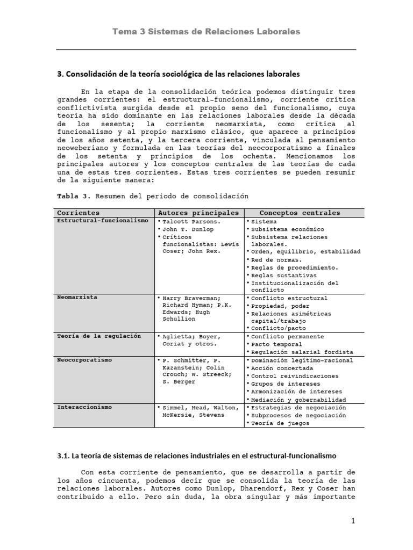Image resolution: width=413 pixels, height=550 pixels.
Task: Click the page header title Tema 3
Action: [206, 32]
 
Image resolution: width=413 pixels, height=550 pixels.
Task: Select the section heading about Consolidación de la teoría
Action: [178, 73]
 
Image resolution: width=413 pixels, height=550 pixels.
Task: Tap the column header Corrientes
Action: [79, 213]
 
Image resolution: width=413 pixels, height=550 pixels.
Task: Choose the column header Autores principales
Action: [198, 213]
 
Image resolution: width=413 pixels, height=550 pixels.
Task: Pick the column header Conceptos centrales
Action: [300, 213]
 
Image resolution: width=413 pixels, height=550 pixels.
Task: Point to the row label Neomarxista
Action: [77, 297]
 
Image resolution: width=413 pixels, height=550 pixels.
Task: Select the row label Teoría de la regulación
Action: [99, 336]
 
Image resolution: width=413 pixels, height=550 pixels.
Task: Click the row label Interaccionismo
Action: [84, 407]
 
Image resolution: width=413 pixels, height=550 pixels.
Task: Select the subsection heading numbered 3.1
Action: [196, 455]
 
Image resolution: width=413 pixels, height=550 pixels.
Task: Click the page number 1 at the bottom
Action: [353, 520]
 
